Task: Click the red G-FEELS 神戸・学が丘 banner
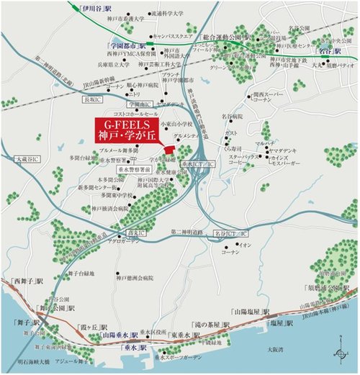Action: pos(132,132)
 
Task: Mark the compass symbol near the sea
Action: pos(338,353)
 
